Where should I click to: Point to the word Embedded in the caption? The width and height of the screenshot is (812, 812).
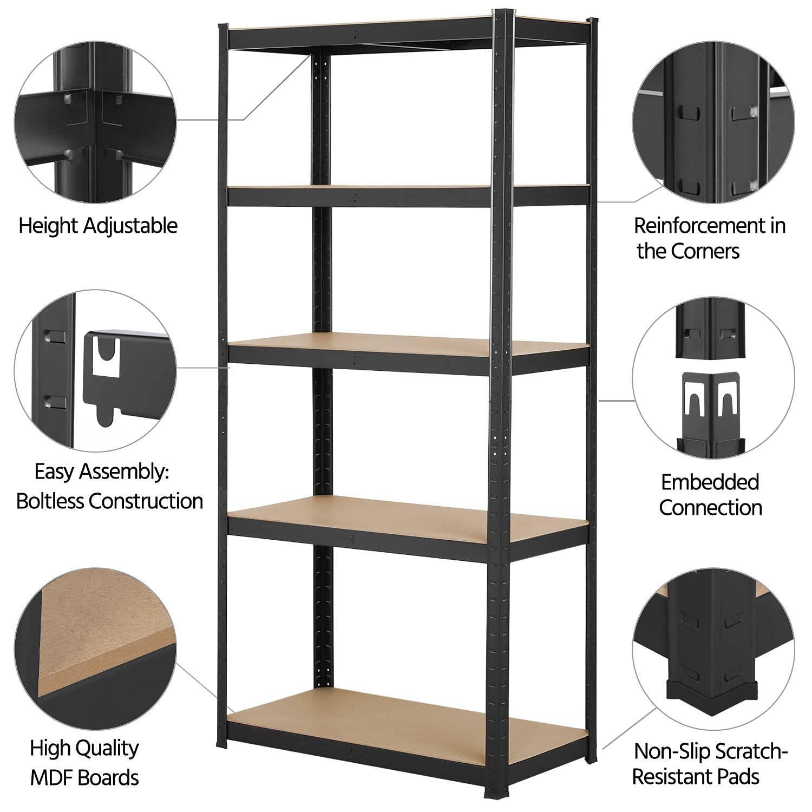(710, 482)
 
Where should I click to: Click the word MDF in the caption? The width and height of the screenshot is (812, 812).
(51, 778)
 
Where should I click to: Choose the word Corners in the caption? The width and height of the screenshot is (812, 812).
(705, 251)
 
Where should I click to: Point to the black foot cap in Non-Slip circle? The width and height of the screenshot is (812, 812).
(707, 695)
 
